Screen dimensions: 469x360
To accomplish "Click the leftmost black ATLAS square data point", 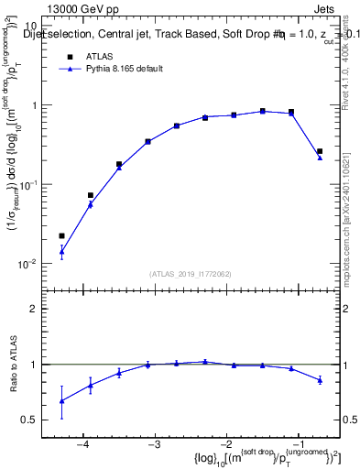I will pyautogui.click(x=61, y=236).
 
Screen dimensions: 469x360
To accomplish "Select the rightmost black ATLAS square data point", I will pyautogui.click(x=320, y=151).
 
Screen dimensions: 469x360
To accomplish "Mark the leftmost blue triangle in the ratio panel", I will pyautogui.click(x=61, y=400).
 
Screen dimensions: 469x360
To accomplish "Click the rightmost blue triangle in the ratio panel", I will pyautogui.click(x=320, y=379).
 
